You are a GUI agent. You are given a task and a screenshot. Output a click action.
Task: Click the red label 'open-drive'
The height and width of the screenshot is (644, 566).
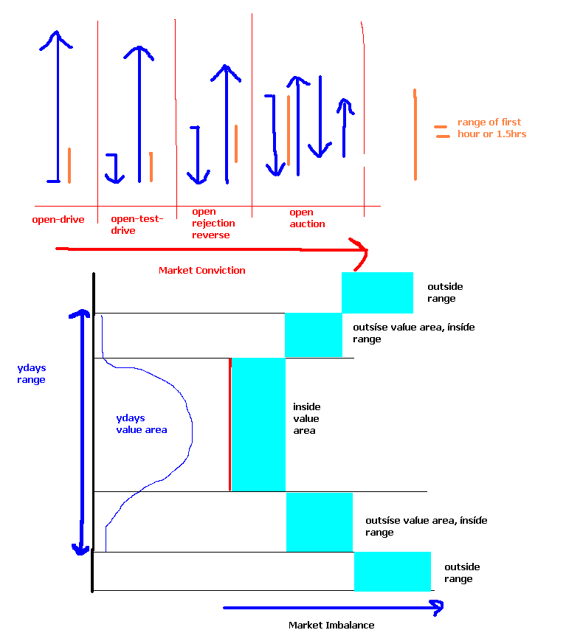[x=58, y=219]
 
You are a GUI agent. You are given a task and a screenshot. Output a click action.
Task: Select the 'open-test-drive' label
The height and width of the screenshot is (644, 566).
[x=137, y=224]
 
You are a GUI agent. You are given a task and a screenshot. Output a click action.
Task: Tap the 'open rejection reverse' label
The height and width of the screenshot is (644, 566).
[x=213, y=223]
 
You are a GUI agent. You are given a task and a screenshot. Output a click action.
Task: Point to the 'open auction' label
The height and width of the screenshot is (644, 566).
[x=307, y=218]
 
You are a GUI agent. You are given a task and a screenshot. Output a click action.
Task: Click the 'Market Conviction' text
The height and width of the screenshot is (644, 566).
[x=201, y=270]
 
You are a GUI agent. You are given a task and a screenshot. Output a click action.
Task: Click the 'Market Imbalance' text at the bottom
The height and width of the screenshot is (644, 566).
[x=331, y=625]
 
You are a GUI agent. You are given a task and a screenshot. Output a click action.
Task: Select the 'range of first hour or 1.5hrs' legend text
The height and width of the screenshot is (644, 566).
[x=491, y=128]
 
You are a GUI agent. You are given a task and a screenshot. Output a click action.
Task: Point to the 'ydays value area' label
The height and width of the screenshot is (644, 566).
[x=141, y=423]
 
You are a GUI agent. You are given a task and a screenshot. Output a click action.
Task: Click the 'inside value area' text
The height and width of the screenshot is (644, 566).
[x=306, y=418]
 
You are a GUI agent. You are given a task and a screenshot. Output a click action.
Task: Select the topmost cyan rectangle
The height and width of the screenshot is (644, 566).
[x=377, y=292]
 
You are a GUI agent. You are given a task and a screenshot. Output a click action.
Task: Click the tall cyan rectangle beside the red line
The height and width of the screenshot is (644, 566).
[x=258, y=424]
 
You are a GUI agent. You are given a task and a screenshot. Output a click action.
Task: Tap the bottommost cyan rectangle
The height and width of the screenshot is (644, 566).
[x=392, y=571]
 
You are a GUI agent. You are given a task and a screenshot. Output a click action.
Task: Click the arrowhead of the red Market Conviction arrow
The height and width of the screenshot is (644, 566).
[x=360, y=249]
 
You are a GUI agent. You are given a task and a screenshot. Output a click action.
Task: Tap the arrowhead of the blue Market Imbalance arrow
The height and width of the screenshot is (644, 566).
[x=437, y=607]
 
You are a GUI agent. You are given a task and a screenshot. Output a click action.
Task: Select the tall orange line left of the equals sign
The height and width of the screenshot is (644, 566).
[x=415, y=134]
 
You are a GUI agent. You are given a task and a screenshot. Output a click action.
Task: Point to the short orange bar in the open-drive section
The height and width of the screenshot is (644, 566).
[x=69, y=165]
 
